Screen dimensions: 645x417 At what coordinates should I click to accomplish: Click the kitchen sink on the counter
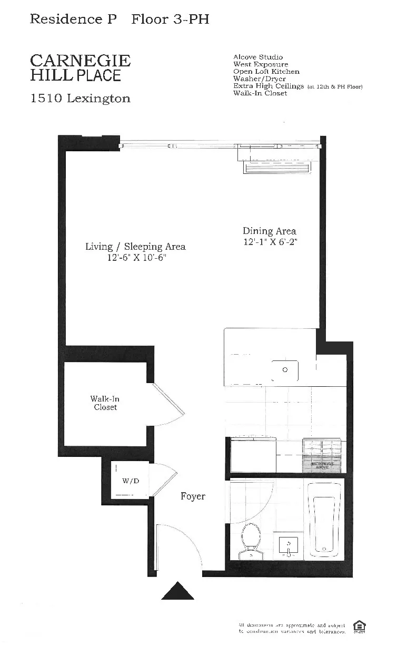click(x=285, y=370)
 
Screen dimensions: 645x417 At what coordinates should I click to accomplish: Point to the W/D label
click(x=130, y=481)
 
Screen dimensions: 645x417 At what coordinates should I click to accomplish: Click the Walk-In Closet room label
click(x=105, y=403)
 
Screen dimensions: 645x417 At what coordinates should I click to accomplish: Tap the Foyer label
click(x=193, y=496)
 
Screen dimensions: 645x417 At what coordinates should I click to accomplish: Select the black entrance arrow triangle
click(x=177, y=591)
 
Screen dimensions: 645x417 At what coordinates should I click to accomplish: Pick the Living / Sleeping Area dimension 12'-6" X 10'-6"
click(x=135, y=258)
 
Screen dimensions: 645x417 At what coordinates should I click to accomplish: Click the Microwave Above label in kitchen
click(x=322, y=465)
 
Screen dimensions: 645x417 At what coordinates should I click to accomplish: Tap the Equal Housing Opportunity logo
click(x=360, y=627)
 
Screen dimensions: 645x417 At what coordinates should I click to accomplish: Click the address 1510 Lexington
click(x=80, y=99)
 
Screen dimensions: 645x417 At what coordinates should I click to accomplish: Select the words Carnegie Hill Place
click(x=80, y=68)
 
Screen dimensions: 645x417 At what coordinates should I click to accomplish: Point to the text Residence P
click(x=66, y=19)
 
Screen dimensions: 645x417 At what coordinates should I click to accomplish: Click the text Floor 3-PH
click(x=170, y=19)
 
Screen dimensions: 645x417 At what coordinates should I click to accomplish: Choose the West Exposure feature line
click(x=261, y=64)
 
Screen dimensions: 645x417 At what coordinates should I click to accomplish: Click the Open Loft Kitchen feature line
click(x=266, y=72)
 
